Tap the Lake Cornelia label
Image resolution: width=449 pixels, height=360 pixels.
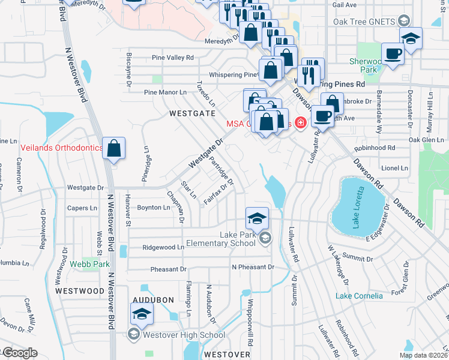[x=359, y=296]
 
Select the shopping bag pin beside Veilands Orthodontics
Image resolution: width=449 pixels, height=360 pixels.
[x=113, y=149]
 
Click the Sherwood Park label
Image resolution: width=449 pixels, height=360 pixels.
[x=367, y=65]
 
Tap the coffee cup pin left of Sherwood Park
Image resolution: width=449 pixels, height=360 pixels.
[x=393, y=54]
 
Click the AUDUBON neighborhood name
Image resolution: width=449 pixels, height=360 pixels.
[x=154, y=299]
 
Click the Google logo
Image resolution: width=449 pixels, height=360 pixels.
[x=20, y=353]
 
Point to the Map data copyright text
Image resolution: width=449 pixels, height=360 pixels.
[x=423, y=355]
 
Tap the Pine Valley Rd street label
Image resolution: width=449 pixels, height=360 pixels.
[x=173, y=58]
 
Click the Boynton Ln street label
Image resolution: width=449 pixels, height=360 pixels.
[x=154, y=208]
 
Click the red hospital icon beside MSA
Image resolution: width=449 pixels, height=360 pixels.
[x=300, y=124]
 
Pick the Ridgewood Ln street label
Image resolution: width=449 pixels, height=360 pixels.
[x=163, y=247]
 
